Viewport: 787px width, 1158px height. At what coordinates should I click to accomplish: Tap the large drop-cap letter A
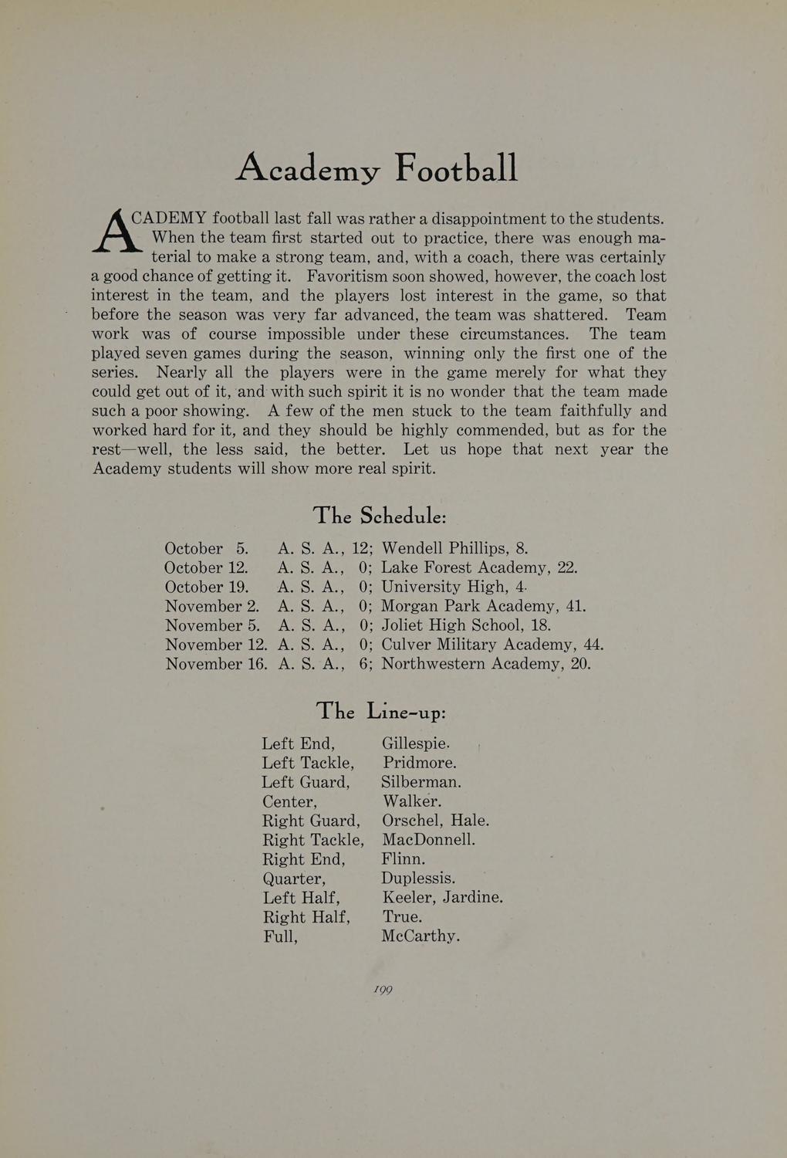click(x=114, y=230)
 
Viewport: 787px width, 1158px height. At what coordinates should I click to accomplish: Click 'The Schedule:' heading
click(x=380, y=515)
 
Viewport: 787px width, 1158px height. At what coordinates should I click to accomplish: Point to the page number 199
click(x=383, y=990)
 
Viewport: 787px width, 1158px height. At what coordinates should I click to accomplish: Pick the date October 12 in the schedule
click(x=206, y=568)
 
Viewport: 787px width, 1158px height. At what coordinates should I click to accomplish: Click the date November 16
click(x=215, y=664)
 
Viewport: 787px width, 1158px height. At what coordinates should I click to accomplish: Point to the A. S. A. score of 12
click(x=360, y=549)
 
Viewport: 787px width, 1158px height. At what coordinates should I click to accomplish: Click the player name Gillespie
click(x=415, y=744)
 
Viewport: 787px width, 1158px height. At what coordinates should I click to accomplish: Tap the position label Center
click(x=289, y=802)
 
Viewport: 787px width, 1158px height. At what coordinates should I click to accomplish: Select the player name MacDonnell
click(x=428, y=840)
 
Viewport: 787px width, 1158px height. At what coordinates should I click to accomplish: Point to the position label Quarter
click(x=294, y=879)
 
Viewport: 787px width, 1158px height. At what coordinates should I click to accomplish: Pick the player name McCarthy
click(x=421, y=936)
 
